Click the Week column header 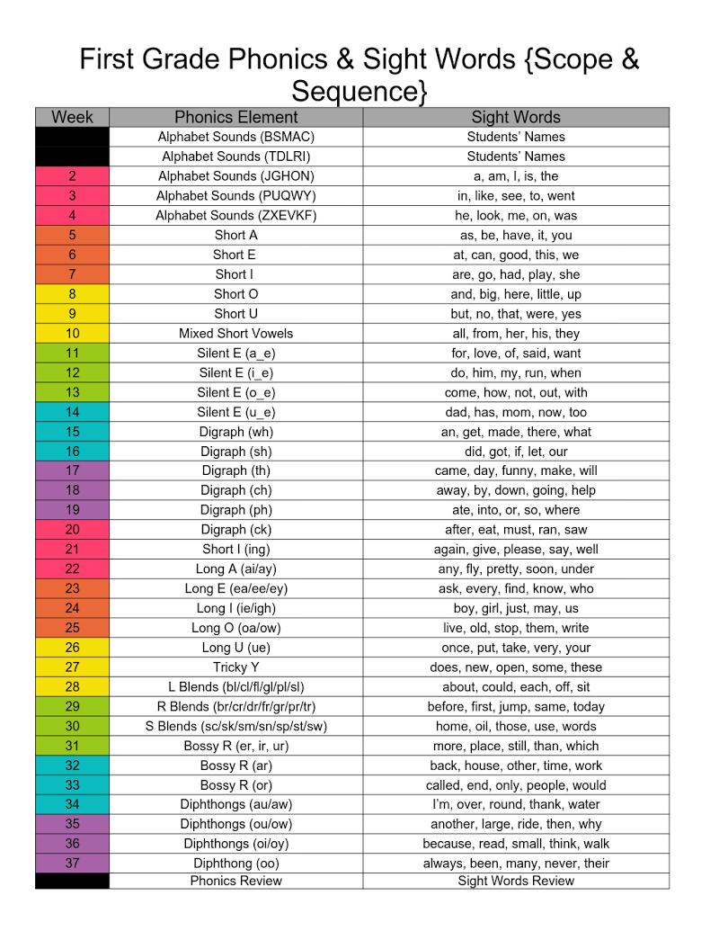(x=72, y=117)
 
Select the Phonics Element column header (x=235, y=117)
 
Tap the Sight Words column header (x=516, y=117)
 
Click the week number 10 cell (x=72, y=333)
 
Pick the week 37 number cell (x=72, y=864)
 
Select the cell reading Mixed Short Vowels (x=235, y=333)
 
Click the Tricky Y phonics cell (x=235, y=667)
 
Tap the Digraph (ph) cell (x=235, y=510)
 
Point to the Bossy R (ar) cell (x=235, y=765)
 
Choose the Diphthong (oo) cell (x=235, y=864)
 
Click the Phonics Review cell (x=235, y=881)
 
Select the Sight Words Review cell (x=516, y=881)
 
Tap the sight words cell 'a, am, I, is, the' (x=516, y=176)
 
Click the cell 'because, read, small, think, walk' (x=516, y=844)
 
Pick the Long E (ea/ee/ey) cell (x=235, y=588)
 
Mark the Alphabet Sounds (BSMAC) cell (x=235, y=137)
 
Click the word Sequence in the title (x=359, y=92)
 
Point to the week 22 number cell (x=72, y=568)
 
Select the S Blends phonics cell (x=235, y=726)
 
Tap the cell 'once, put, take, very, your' (x=516, y=648)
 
